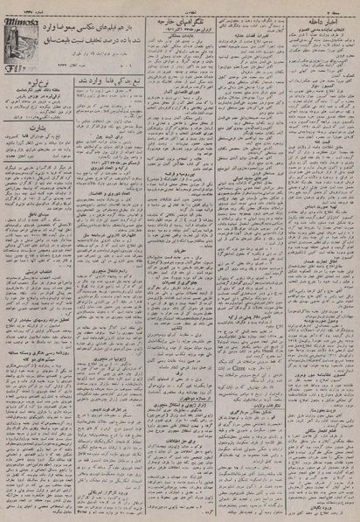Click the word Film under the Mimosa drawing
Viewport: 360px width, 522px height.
tap(16, 65)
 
